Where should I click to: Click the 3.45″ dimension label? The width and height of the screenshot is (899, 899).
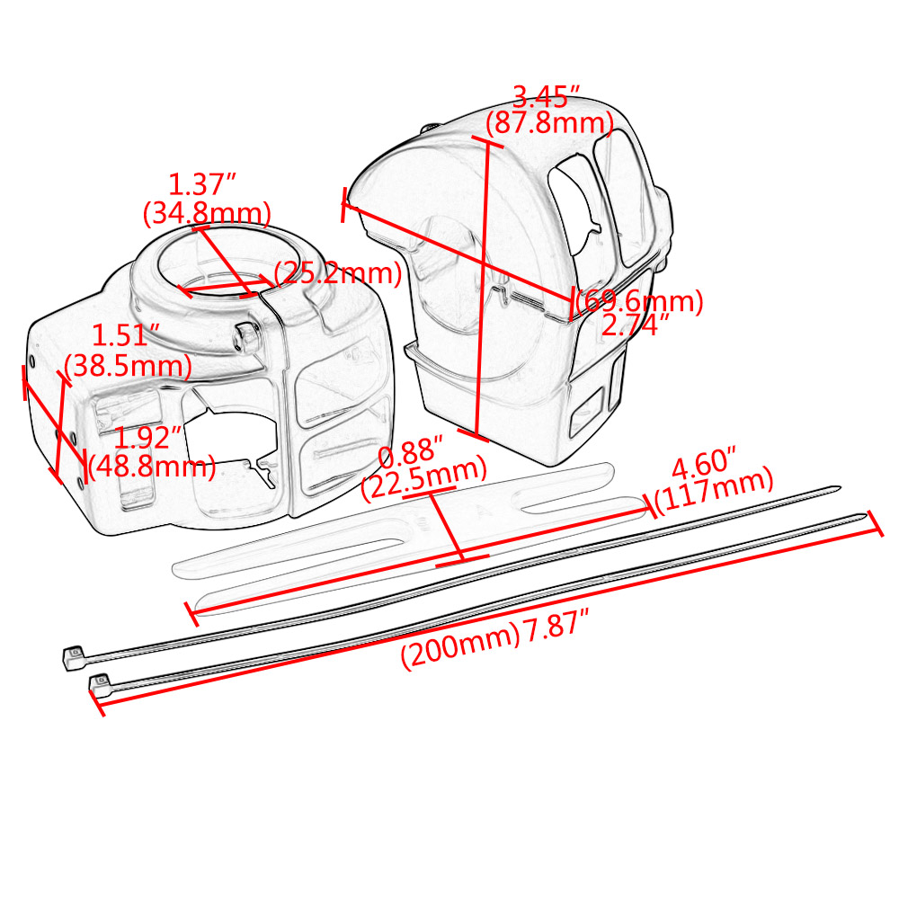click(547, 97)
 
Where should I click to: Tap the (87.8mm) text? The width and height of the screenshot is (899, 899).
click(550, 122)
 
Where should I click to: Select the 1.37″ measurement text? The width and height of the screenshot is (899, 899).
click(201, 184)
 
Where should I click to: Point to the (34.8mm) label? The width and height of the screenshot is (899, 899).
click(207, 213)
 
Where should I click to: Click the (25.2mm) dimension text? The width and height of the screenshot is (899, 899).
click(338, 273)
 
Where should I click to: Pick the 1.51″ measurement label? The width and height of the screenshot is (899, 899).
click(126, 335)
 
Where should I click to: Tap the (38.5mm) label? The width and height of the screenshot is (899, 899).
click(128, 366)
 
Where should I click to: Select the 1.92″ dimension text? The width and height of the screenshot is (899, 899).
click(148, 438)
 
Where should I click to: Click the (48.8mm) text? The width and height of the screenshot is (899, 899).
click(152, 467)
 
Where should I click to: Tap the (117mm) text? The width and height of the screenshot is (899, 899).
click(714, 491)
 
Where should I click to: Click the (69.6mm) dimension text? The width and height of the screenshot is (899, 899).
click(639, 301)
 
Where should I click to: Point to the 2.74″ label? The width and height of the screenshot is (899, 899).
click(636, 325)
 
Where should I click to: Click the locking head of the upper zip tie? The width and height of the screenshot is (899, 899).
click(73, 657)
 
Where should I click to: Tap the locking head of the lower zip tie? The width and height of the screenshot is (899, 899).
click(100, 685)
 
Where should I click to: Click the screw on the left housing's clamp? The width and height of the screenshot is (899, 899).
click(245, 336)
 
